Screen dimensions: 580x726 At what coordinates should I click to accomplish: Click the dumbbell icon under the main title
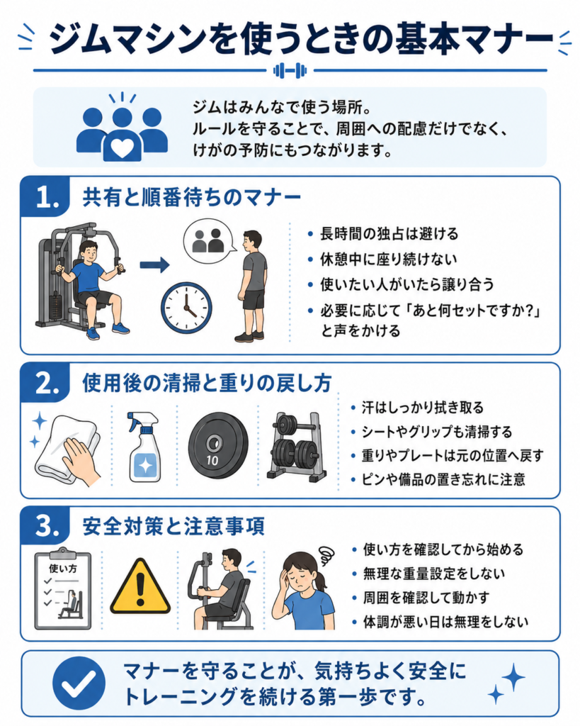(x=290, y=71)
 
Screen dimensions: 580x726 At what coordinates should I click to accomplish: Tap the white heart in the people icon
(x=122, y=147)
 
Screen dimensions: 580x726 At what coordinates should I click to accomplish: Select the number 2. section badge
(x=45, y=383)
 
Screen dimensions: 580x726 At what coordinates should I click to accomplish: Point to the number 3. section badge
(x=45, y=526)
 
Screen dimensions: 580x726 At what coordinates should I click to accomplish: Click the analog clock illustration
(x=186, y=308)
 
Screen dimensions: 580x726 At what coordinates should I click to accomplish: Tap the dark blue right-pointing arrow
(x=154, y=265)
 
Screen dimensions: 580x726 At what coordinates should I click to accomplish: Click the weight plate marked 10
(x=214, y=445)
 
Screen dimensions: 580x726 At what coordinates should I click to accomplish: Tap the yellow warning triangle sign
(x=140, y=586)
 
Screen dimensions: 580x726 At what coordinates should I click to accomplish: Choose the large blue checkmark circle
(x=79, y=683)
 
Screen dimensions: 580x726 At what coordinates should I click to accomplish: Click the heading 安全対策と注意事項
(x=174, y=527)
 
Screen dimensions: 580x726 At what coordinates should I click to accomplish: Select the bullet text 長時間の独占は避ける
(x=389, y=234)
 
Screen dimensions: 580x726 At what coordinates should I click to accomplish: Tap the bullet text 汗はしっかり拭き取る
(x=422, y=408)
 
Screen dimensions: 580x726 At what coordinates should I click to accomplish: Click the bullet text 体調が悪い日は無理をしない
(x=445, y=621)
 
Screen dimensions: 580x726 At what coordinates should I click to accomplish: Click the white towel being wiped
(x=67, y=449)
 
